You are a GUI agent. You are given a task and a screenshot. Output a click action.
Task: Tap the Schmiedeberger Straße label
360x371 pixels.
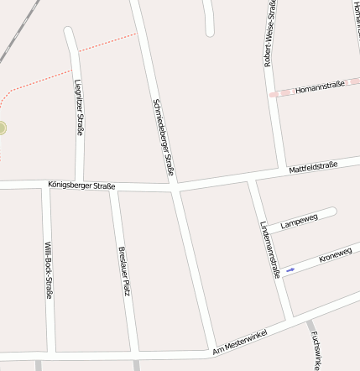click(163, 138)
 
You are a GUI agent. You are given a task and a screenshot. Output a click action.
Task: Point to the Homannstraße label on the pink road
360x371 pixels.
click(320, 86)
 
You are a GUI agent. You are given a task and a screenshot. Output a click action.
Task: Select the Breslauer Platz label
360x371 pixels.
click(124, 270)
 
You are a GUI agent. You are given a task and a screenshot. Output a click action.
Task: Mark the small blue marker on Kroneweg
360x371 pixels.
click(290, 269)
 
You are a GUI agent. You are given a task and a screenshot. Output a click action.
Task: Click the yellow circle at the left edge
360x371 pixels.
click(2, 128)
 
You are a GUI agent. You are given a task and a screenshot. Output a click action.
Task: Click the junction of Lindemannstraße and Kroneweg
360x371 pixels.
click(279, 276)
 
